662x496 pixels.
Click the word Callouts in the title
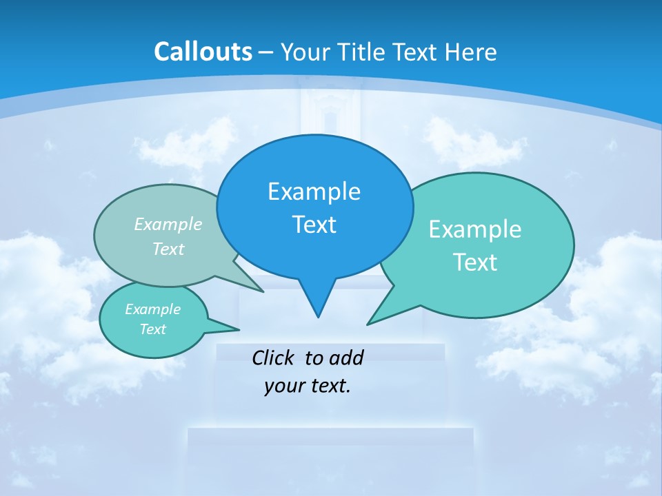click(x=203, y=52)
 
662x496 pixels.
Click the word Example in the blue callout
click(x=314, y=192)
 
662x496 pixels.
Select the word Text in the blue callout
click(x=314, y=225)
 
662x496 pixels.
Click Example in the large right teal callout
click(x=474, y=229)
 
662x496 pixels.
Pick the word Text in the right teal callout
click(x=474, y=262)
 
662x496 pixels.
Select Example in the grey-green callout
click(x=168, y=224)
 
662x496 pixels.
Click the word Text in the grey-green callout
click(x=168, y=249)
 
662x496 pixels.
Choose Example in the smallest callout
click(x=152, y=309)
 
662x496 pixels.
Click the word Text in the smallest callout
click(x=152, y=329)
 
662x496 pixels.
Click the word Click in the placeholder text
click(x=272, y=358)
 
